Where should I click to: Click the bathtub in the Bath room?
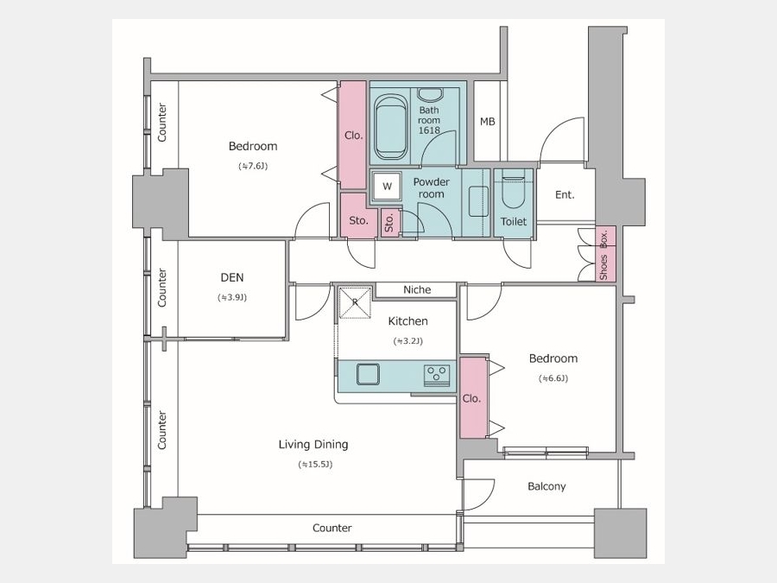391,127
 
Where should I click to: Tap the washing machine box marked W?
387,187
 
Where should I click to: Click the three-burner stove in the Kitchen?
437,374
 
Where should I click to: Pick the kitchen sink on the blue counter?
368,374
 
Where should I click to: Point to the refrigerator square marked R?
355,302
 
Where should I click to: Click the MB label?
488,122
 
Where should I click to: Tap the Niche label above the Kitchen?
417,289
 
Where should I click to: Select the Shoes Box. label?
603,255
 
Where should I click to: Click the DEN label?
232,277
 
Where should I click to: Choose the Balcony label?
546,486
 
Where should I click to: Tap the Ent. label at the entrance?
565,195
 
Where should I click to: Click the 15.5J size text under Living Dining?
315,465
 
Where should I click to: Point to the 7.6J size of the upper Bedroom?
253,166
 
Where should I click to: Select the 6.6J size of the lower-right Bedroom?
553,378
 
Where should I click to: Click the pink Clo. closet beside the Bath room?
353,135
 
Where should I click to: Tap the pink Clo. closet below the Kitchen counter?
473,398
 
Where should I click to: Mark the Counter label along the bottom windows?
332,528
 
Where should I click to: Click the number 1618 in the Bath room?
429,130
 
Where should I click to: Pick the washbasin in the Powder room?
478,201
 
